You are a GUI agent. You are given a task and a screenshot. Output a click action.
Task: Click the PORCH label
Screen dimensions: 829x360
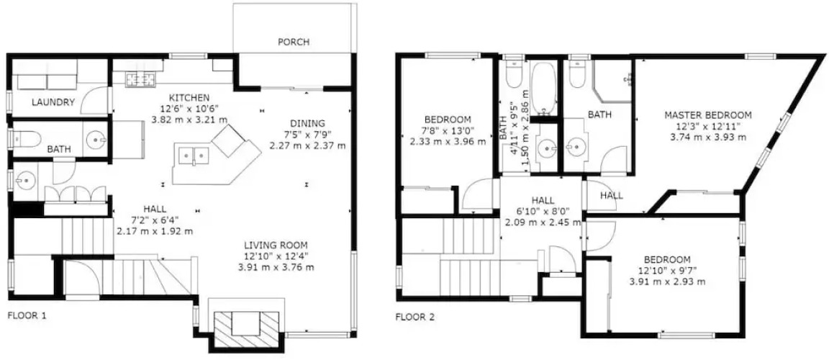click(x=294, y=42)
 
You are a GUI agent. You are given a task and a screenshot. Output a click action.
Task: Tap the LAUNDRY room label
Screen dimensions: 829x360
click(x=53, y=102)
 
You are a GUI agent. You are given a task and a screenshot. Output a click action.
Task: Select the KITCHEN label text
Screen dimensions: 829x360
click(x=189, y=97)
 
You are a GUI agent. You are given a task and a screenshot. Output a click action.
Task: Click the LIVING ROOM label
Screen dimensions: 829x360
click(x=276, y=246)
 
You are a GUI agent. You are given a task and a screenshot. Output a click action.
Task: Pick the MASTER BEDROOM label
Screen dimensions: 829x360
click(x=708, y=114)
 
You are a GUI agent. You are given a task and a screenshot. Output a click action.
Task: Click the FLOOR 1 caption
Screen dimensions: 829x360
click(x=27, y=316)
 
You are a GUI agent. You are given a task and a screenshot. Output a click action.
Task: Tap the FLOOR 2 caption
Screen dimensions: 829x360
click(x=415, y=318)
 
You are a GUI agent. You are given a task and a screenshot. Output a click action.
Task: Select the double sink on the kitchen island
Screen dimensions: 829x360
click(x=195, y=156)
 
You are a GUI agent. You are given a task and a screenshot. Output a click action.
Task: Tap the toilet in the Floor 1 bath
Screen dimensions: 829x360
click(x=26, y=140)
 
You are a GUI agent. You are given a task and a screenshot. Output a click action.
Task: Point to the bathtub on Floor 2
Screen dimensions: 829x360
click(x=543, y=89)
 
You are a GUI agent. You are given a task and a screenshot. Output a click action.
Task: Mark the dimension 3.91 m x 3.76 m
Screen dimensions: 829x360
click(x=276, y=267)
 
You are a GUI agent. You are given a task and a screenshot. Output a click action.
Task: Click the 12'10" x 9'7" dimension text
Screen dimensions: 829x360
click(x=667, y=271)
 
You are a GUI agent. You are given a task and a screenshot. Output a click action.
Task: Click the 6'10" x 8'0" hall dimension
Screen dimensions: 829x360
click(x=543, y=212)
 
